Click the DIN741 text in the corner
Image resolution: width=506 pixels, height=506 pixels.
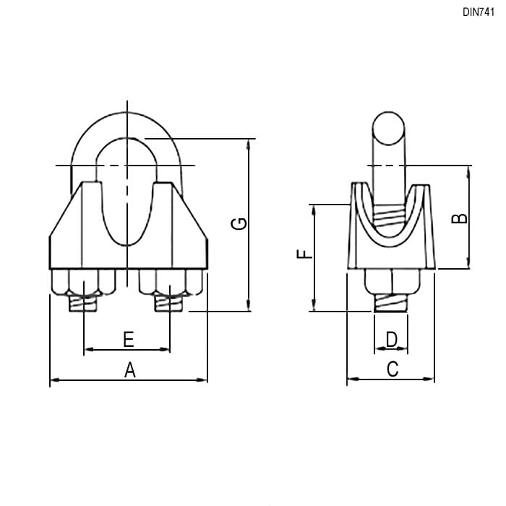click(x=479, y=12)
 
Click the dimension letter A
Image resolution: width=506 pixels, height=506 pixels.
click(x=129, y=370)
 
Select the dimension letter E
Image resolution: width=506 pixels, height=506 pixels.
click(x=129, y=339)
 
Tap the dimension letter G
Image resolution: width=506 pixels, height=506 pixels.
click(x=239, y=223)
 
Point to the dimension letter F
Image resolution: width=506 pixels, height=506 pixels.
click(x=304, y=254)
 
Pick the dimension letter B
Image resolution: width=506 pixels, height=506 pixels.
click(x=459, y=218)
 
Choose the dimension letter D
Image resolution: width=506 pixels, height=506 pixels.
click(x=392, y=339)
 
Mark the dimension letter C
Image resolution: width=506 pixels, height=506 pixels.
click(x=393, y=369)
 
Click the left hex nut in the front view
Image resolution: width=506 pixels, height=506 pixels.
click(x=84, y=283)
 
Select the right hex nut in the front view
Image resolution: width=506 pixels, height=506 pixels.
click(x=171, y=283)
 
